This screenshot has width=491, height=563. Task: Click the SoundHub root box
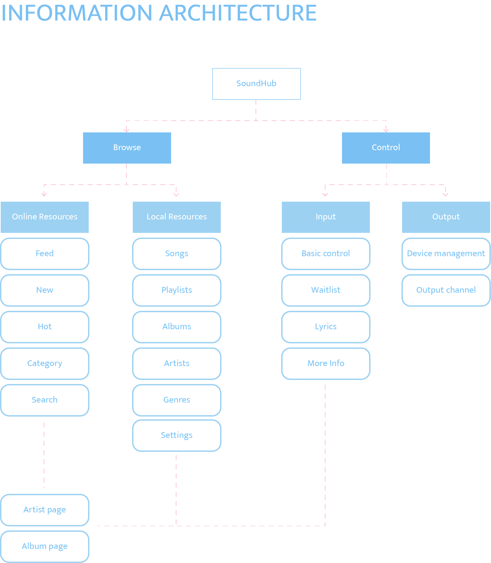click(x=256, y=84)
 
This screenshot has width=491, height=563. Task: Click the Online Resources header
click(x=45, y=217)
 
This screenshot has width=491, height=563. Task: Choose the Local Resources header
click(x=177, y=217)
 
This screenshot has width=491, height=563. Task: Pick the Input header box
click(x=326, y=217)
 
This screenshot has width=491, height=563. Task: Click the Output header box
click(x=446, y=217)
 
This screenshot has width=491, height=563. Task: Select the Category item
click(x=45, y=364)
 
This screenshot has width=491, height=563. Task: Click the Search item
click(x=45, y=400)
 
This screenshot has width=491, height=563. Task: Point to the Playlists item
click(x=177, y=290)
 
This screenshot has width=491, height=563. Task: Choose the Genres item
click(x=177, y=400)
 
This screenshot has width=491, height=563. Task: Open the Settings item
click(x=177, y=435)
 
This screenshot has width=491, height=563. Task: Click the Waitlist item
click(x=326, y=290)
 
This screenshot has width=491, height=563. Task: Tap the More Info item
click(x=326, y=364)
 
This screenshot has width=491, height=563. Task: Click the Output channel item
click(x=446, y=290)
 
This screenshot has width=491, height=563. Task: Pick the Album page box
click(x=45, y=546)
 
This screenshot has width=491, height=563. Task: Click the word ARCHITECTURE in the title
click(x=238, y=13)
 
